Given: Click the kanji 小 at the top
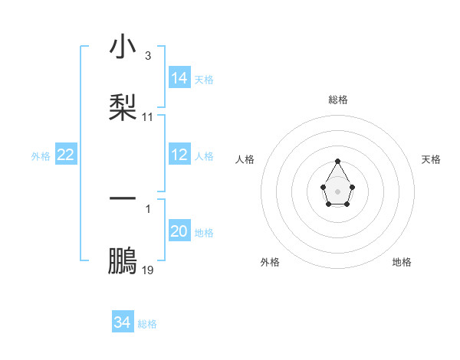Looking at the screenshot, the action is pyautogui.click(x=123, y=47).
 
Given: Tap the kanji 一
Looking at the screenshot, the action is pyautogui.click(x=123, y=198).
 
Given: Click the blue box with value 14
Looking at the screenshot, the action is pyautogui.click(x=179, y=78).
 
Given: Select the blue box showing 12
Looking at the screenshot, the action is pyautogui.click(x=179, y=155).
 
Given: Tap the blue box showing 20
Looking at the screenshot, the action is pyautogui.click(x=179, y=231).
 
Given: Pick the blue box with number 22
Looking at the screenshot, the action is pyautogui.click(x=66, y=155).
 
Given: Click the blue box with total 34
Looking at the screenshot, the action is pyautogui.click(x=123, y=322).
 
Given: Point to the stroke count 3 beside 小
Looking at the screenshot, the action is pyautogui.click(x=147, y=57).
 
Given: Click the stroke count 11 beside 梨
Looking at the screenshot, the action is pyautogui.click(x=148, y=117).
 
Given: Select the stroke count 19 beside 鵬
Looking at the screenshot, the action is pyautogui.click(x=148, y=270).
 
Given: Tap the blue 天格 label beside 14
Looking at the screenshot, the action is pyautogui.click(x=204, y=79).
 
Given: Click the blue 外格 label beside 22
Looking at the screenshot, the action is pyautogui.click(x=41, y=155).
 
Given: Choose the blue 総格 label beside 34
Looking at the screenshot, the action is pyautogui.click(x=147, y=323).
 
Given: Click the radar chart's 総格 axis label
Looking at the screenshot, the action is pyautogui.click(x=338, y=100).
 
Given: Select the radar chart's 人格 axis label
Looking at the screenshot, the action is pyautogui.click(x=245, y=159).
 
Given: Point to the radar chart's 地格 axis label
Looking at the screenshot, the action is pyautogui.click(x=402, y=262).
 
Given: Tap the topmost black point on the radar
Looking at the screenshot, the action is pyautogui.click(x=338, y=162).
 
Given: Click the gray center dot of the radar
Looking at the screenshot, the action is pyautogui.click(x=338, y=190).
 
